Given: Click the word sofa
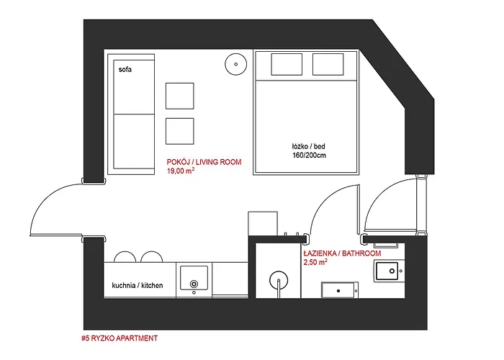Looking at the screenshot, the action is [125, 69].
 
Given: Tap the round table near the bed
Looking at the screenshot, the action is [236, 64].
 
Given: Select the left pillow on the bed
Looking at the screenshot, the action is [287, 64].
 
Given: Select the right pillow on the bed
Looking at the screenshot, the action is [328, 64].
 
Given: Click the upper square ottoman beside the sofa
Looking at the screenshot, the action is [180, 96].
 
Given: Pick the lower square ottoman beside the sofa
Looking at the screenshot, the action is [180, 131].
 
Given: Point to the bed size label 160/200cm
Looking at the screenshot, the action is [309, 156].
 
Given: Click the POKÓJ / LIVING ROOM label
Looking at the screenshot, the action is [204, 162].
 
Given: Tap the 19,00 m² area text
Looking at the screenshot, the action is [181, 171].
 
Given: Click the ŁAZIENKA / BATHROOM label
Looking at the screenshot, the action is [342, 253].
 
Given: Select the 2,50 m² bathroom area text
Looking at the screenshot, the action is [315, 262].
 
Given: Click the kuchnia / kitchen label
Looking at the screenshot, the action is [138, 285].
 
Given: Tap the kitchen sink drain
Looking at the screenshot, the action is [194, 284].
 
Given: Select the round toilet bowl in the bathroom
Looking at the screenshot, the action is [279, 279].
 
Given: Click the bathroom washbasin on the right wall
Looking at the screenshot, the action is [387, 271].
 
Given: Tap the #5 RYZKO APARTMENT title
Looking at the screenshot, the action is [120, 338].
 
